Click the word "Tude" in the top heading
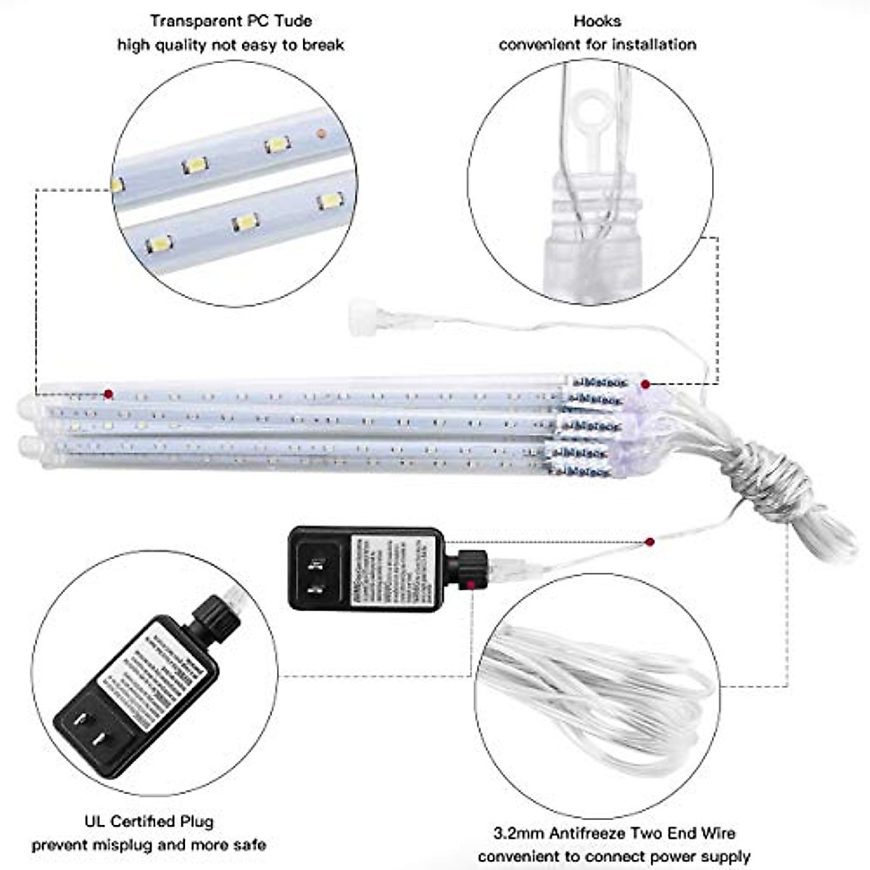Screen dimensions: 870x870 294,21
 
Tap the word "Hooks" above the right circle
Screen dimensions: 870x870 597,21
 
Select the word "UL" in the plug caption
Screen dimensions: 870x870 94,821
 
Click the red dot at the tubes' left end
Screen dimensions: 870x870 108,394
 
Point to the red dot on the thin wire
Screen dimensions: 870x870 650,542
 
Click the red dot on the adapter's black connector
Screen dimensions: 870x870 471,584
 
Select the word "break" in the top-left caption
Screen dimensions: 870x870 323,45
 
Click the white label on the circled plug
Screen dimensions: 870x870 149,674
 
